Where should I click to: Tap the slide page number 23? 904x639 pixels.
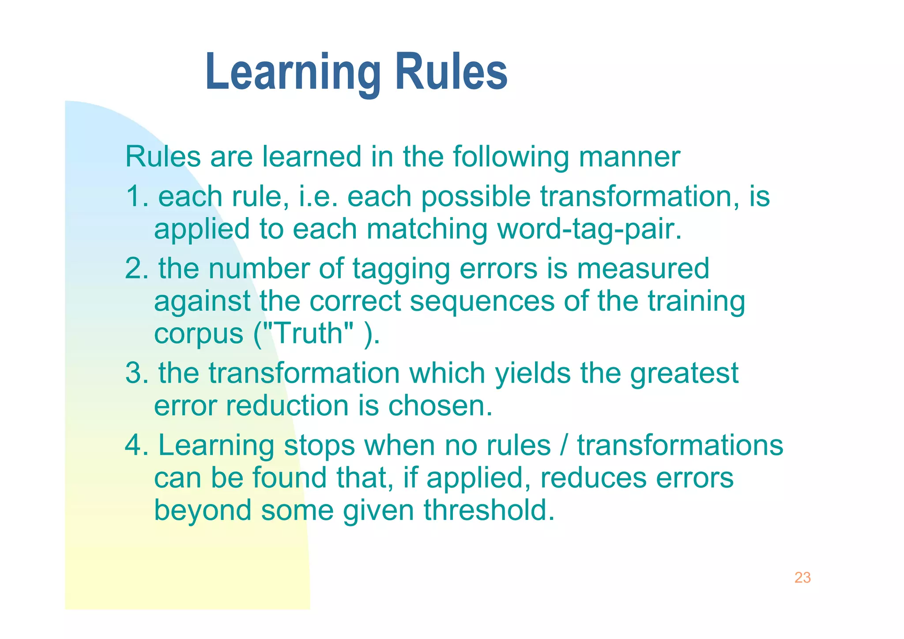pos(802,578)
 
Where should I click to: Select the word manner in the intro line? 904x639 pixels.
pos(629,157)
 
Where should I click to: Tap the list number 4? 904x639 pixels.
pos(134,445)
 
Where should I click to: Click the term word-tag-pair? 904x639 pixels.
pos(589,229)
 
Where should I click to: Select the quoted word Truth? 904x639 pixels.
pos(308,333)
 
